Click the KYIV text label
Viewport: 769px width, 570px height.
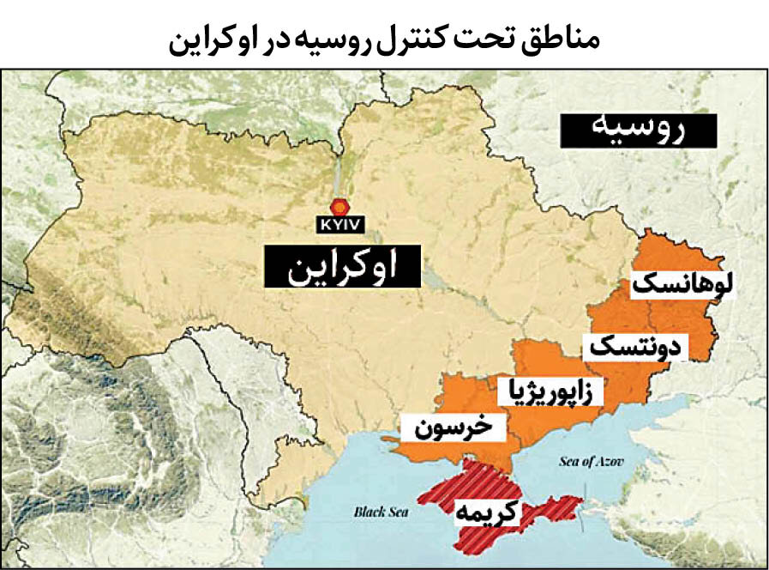(x=341, y=226)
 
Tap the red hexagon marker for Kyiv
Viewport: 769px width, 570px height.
(x=341, y=207)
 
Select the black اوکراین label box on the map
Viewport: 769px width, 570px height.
(x=343, y=266)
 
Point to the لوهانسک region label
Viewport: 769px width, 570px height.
(x=682, y=284)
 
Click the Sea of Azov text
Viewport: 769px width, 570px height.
(x=591, y=462)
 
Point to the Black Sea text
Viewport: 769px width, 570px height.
(x=377, y=512)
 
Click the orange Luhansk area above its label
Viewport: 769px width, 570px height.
(x=677, y=253)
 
